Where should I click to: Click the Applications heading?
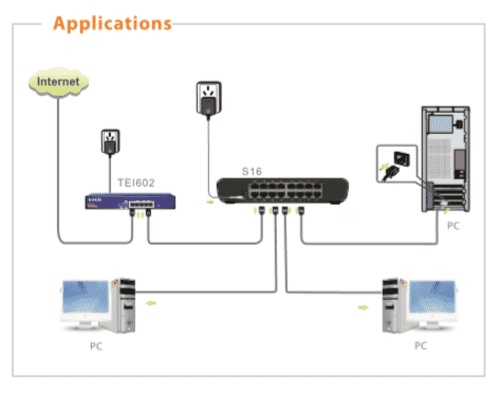pos(112,24)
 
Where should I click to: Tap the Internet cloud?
pos(59,82)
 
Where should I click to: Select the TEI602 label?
pos(136,183)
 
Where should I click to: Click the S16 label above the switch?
pos(252,171)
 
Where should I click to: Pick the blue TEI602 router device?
pos(130,201)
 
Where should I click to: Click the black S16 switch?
pos(283,191)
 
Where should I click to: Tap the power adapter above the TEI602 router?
pos(110,142)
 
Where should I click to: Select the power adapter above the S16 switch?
pos(209,99)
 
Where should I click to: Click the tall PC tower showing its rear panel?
pos(445,159)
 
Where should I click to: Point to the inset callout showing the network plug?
pos(397,164)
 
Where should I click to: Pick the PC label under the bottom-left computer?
pos(96,346)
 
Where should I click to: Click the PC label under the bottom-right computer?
pos(421,346)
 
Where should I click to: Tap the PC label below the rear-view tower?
pos(453,226)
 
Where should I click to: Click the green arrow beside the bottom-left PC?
pos(151,303)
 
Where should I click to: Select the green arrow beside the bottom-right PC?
pos(363,307)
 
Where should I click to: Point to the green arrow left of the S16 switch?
pos(210,202)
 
